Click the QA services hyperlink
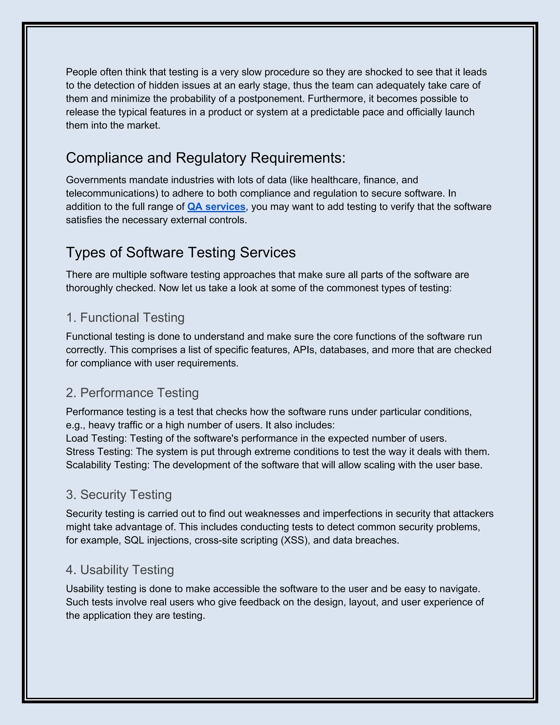click(216, 207)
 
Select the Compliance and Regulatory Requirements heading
click(205, 158)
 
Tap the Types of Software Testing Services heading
click(181, 252)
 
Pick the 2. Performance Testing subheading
click(132, 393)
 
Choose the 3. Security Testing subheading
click(119, 495)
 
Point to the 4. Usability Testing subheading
click(120, 570)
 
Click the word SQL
click(134, 540)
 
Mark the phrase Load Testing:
click(96, 439)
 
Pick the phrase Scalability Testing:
click(108, 465)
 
